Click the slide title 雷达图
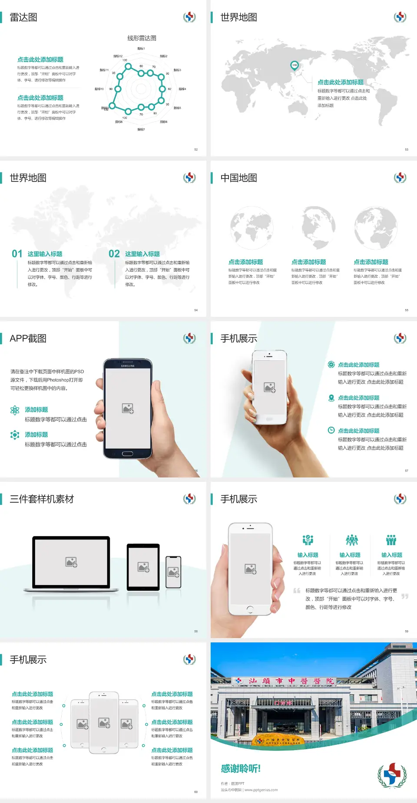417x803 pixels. [23, 17]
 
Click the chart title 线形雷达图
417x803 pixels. [142, 38]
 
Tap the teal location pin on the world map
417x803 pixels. [294, 66]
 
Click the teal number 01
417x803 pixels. [17, 254]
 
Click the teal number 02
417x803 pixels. [114, 254]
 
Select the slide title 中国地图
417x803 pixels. [238, 178]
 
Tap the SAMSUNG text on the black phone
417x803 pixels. [128, 366]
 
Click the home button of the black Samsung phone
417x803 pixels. [127, 454]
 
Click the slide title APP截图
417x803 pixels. [28, 339]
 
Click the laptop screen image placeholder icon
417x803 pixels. [71, 562]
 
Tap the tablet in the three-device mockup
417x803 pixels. [143, 566]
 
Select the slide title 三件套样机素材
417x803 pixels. [42, 499]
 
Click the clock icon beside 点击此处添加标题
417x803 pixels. [331, 430]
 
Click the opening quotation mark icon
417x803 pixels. [297, 591]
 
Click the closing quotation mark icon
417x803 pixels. [405, 596]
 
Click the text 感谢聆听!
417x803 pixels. [241, 769]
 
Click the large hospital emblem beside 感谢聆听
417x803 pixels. [392, 774]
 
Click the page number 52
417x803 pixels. [196, 149]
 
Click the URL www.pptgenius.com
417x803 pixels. [261, 790]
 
